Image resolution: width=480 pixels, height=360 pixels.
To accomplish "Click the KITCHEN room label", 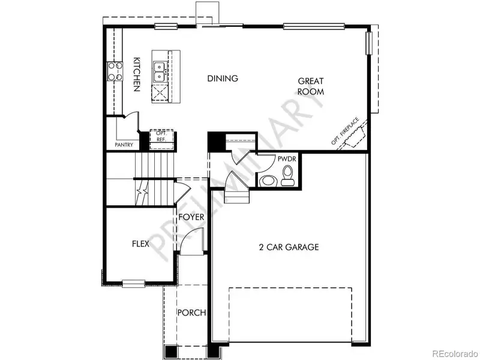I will tap(137, 74).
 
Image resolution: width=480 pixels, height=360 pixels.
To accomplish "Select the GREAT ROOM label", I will tap(311, 86).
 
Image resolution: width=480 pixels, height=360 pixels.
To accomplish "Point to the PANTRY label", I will tap(124, 145).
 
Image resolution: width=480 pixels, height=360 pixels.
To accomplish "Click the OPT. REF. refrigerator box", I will tap(161, 137).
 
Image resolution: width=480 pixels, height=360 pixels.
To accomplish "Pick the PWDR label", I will tap(284, 160).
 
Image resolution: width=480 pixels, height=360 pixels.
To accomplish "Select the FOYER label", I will tap(191, 217).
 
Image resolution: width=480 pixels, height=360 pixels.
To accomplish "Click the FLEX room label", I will tap(140, 244).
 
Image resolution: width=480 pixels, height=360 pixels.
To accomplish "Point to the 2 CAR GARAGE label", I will tap(289, 247).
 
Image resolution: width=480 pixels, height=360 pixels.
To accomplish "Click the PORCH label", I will tap(191, 313).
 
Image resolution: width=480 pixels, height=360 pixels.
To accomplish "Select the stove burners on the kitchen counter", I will tap(113, 72).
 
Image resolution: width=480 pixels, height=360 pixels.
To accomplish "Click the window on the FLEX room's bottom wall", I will tap(133, 282).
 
